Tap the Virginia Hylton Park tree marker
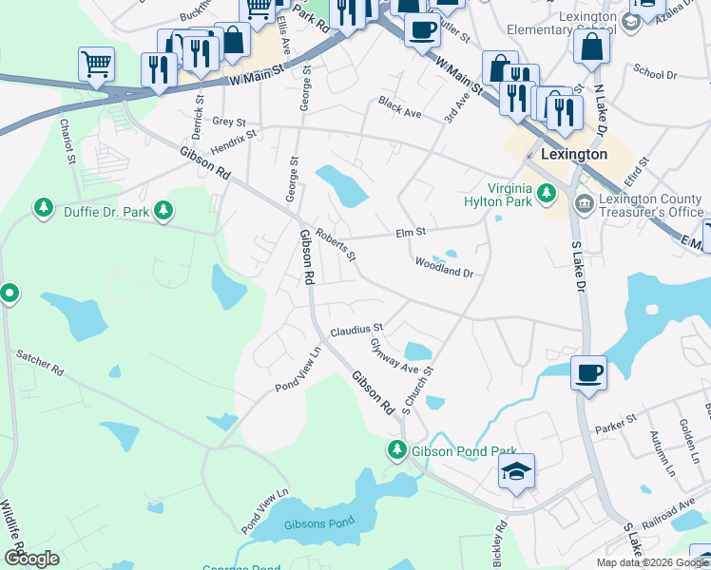point(547,194)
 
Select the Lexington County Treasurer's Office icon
point(583,201)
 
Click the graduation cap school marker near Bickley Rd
point(516,471)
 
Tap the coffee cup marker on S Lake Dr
point(588,371)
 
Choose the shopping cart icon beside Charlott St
point(96,65)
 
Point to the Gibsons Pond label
point(309,524)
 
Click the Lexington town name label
point(573,154)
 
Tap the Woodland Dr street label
point(443,267)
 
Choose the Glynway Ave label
point(394,356)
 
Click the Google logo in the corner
point(31,559)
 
